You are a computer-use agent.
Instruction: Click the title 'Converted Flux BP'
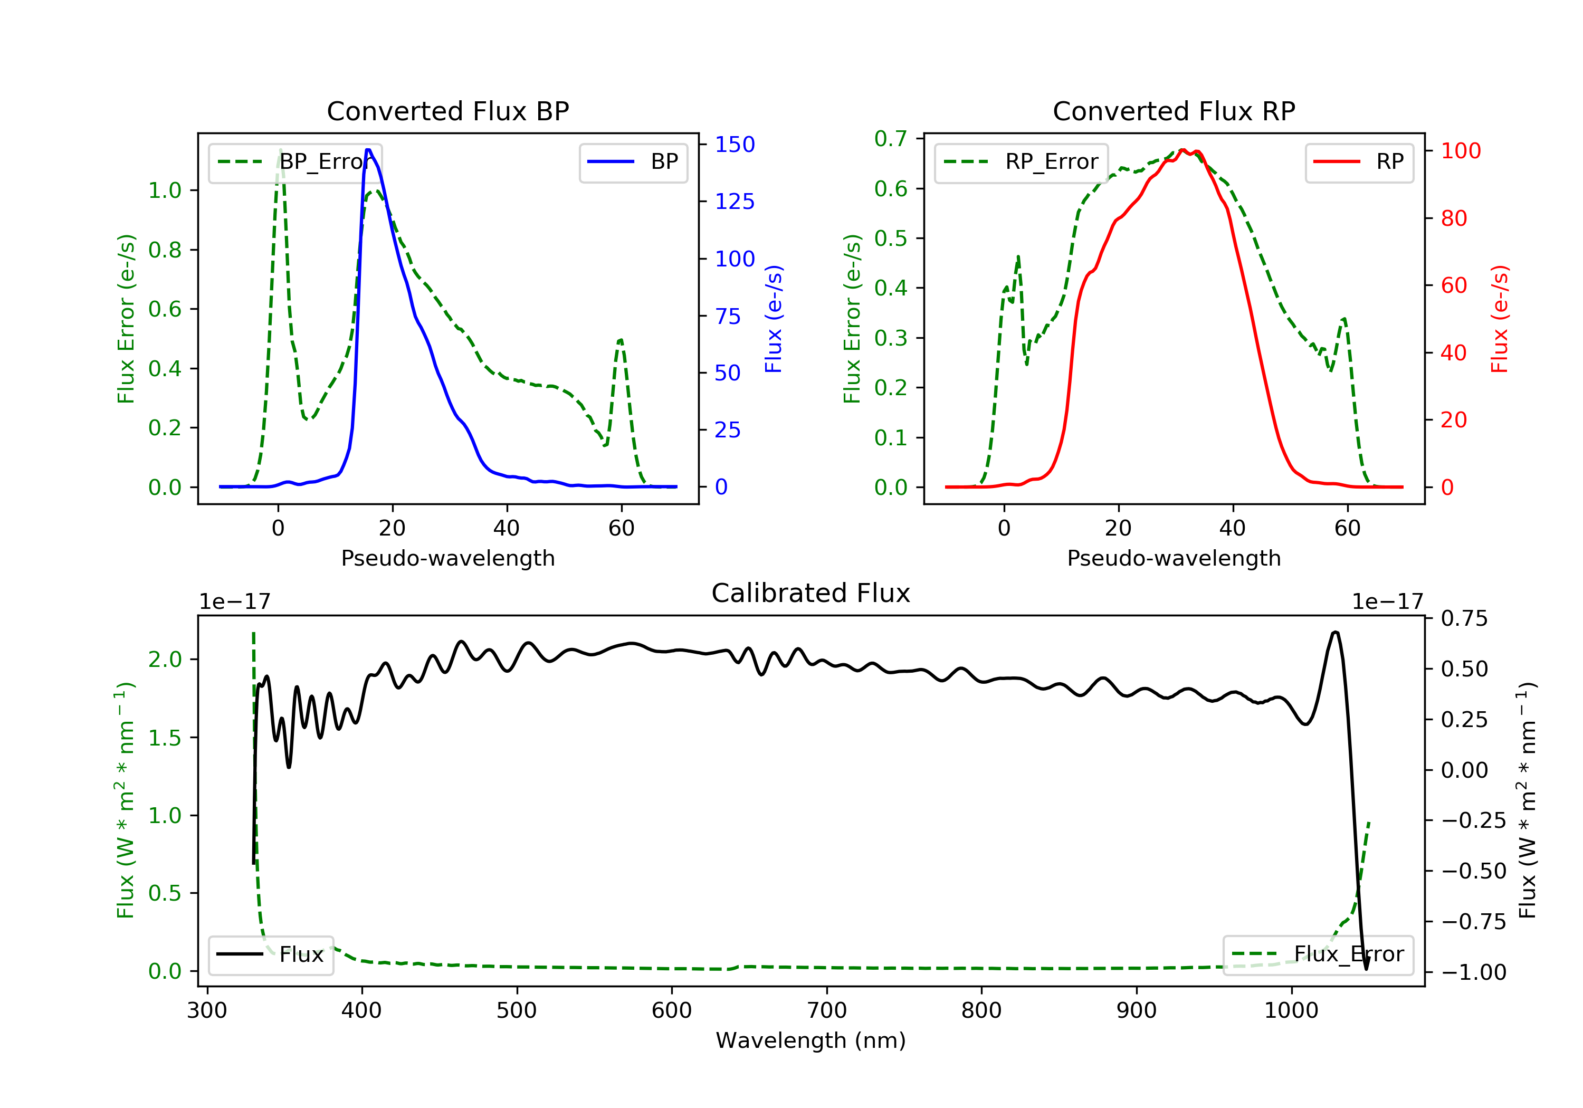coord(447,111)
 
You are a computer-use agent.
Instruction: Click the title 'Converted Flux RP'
coord(1174,111)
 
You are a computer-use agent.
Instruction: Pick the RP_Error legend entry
coord(1022,162)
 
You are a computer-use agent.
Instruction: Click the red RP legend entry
coord(1359,162)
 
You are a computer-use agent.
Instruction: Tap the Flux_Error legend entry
coord(1318,954)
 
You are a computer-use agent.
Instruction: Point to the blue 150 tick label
coord(735,144)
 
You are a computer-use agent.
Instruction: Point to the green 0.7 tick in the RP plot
coord(890,139)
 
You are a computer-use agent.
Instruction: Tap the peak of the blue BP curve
coord(369,150)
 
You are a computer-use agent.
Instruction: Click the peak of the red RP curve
coord(1183,150)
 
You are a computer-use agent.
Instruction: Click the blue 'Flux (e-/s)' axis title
coord(774,319)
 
